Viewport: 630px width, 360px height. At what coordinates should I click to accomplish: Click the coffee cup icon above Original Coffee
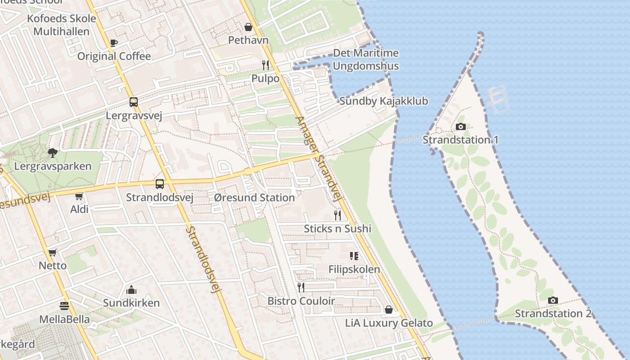click(113, 43)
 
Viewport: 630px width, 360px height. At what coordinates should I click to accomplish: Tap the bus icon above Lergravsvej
click(134, 102)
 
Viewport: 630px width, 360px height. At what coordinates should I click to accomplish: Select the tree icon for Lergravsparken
click(53, 153)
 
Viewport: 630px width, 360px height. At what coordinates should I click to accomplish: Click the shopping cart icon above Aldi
click(79, 196)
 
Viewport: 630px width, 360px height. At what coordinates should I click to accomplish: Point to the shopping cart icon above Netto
click(53, 252)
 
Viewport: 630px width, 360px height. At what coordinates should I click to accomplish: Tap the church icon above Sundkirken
click(131, 290)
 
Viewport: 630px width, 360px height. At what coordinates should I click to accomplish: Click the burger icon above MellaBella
click(64, 306)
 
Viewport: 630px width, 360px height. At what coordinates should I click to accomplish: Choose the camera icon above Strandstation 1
click(460, 127)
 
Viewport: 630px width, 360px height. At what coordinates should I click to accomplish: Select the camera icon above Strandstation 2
click(553, 300)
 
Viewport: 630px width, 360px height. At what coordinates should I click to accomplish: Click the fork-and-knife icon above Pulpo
click(265, 65)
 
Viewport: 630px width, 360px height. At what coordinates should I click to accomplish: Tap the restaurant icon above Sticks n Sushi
click(337, 215)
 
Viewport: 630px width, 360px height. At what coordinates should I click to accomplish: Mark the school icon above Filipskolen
click(354, 256)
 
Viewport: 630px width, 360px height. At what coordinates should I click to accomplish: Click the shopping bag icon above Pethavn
click(248, 27)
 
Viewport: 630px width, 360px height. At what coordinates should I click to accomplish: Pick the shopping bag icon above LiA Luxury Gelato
click(389, 310)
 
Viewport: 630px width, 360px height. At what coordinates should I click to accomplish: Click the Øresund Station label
click(254, 198)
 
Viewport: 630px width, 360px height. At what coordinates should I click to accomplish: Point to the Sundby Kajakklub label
click(383, 101)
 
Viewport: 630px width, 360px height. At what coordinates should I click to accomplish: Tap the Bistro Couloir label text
click(301, 301)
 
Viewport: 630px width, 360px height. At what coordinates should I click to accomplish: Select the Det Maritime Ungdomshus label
click(365, 59)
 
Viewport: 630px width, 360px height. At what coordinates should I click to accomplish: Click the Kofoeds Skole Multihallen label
click(62, 25)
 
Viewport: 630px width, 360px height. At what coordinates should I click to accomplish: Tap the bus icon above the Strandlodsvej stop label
click(160, 184)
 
